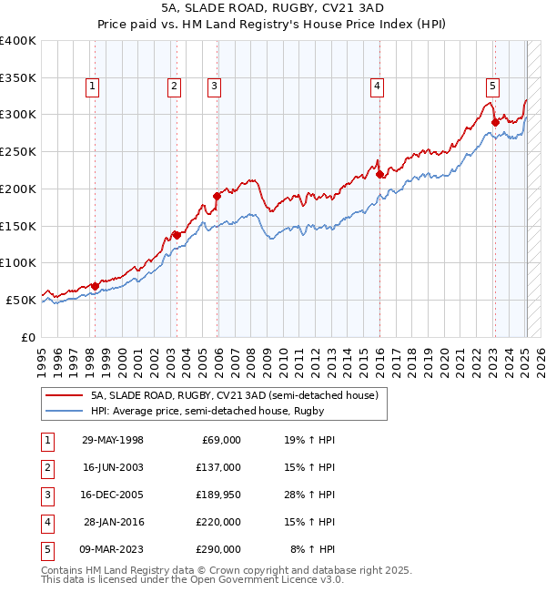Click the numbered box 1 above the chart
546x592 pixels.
[x=94, y=87]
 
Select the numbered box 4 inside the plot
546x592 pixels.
[x=376, y=87]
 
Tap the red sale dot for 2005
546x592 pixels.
[x=217, y=195]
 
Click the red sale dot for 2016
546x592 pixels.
[x=379, y=173]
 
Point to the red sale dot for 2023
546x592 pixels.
[x=495, y=121]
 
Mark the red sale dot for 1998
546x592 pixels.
[x=96, y=285]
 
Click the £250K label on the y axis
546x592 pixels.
[x=18, y=151]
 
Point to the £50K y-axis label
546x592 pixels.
[x=21, y=300]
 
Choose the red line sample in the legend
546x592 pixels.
[x=62, y=396]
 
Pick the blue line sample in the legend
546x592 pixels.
[x=62, y=411]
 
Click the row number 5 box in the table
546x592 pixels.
[x=45, y=549]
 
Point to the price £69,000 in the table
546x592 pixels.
[x=218, y=440]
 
